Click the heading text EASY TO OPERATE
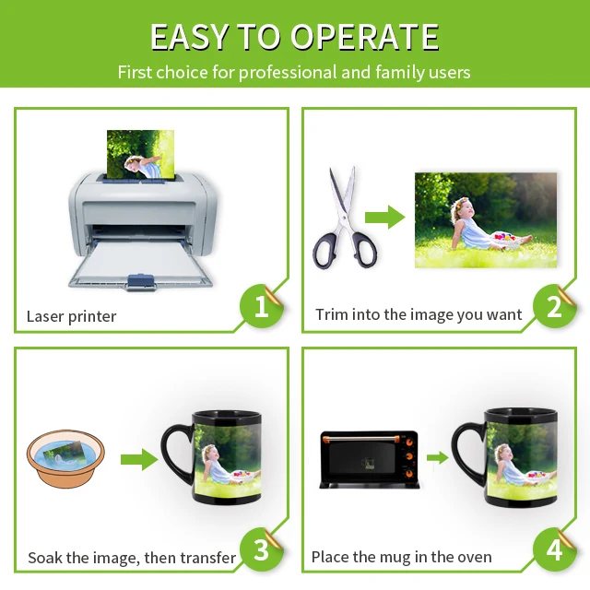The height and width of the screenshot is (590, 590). pos(294,36)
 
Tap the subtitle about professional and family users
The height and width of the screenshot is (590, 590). pos(294,72)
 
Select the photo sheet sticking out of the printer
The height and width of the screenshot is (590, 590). pos(140,153)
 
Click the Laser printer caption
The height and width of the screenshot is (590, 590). pos(71,316)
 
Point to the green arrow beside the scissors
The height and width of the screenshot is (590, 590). pos(384,218)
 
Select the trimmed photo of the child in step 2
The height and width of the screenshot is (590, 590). pos(486,219)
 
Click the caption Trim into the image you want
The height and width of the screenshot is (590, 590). pos(419,314)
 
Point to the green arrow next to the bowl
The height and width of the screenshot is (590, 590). pos(139,459)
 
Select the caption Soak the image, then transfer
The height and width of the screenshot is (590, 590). pos(132,557)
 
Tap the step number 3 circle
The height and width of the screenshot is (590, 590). pos(262,550)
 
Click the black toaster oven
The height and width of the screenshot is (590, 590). pos(368,459)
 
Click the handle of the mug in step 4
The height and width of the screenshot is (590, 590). pos(467,453)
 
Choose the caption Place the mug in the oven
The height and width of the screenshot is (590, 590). pos(401,557)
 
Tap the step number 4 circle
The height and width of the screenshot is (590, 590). pos(554,550)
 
